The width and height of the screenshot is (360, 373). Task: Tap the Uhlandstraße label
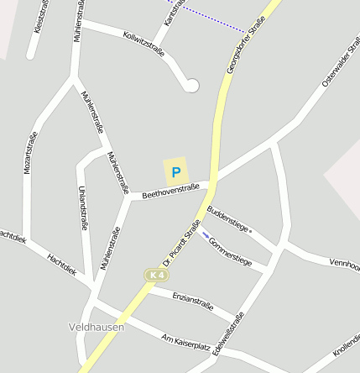point(82,208)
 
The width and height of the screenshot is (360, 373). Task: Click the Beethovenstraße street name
point(170,191)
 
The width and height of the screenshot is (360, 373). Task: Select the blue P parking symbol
point(175,171)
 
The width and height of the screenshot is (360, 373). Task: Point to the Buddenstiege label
point(227,219)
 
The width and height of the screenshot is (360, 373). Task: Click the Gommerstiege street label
point(230,251)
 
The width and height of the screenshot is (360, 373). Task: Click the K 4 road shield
point(155,275)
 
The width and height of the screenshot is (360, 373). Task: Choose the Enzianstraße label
point(193,302)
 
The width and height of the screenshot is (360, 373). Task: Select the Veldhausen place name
point(96,326)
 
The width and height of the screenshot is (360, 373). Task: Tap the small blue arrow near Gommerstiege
point(205,235)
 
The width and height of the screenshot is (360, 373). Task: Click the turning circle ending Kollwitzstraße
point(192,85)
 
